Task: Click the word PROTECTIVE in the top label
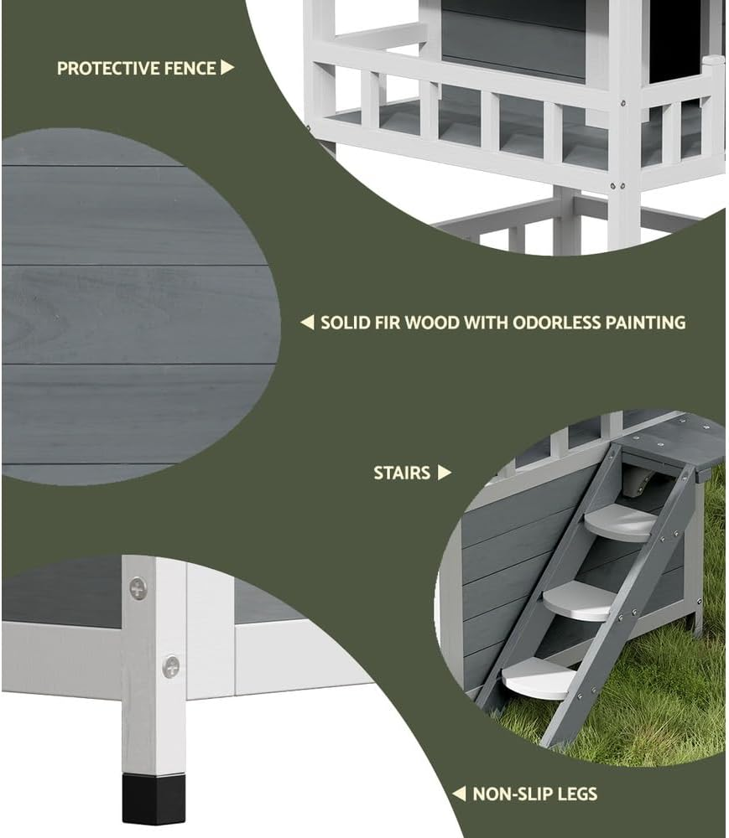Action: [x=108, y=69]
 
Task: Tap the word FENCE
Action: [x=190, y=69]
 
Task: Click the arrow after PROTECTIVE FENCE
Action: [x=227, y=67]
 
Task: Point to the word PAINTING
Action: [x=646, y=323]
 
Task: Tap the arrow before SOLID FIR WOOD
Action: [x=307, y=323]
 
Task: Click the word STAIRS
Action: [x=402, y=473]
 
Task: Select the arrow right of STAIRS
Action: [x=445, y=473]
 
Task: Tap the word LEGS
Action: [x=572, y=794]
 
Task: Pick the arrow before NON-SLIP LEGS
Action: [x=459, y=794]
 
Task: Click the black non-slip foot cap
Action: [x=154, y=798]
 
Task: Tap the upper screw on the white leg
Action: [x=138, y=588]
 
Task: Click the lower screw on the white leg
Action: [x=171, y=667]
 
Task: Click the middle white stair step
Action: [x=579, y=601]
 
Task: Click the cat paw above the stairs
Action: [x=634, y=481]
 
